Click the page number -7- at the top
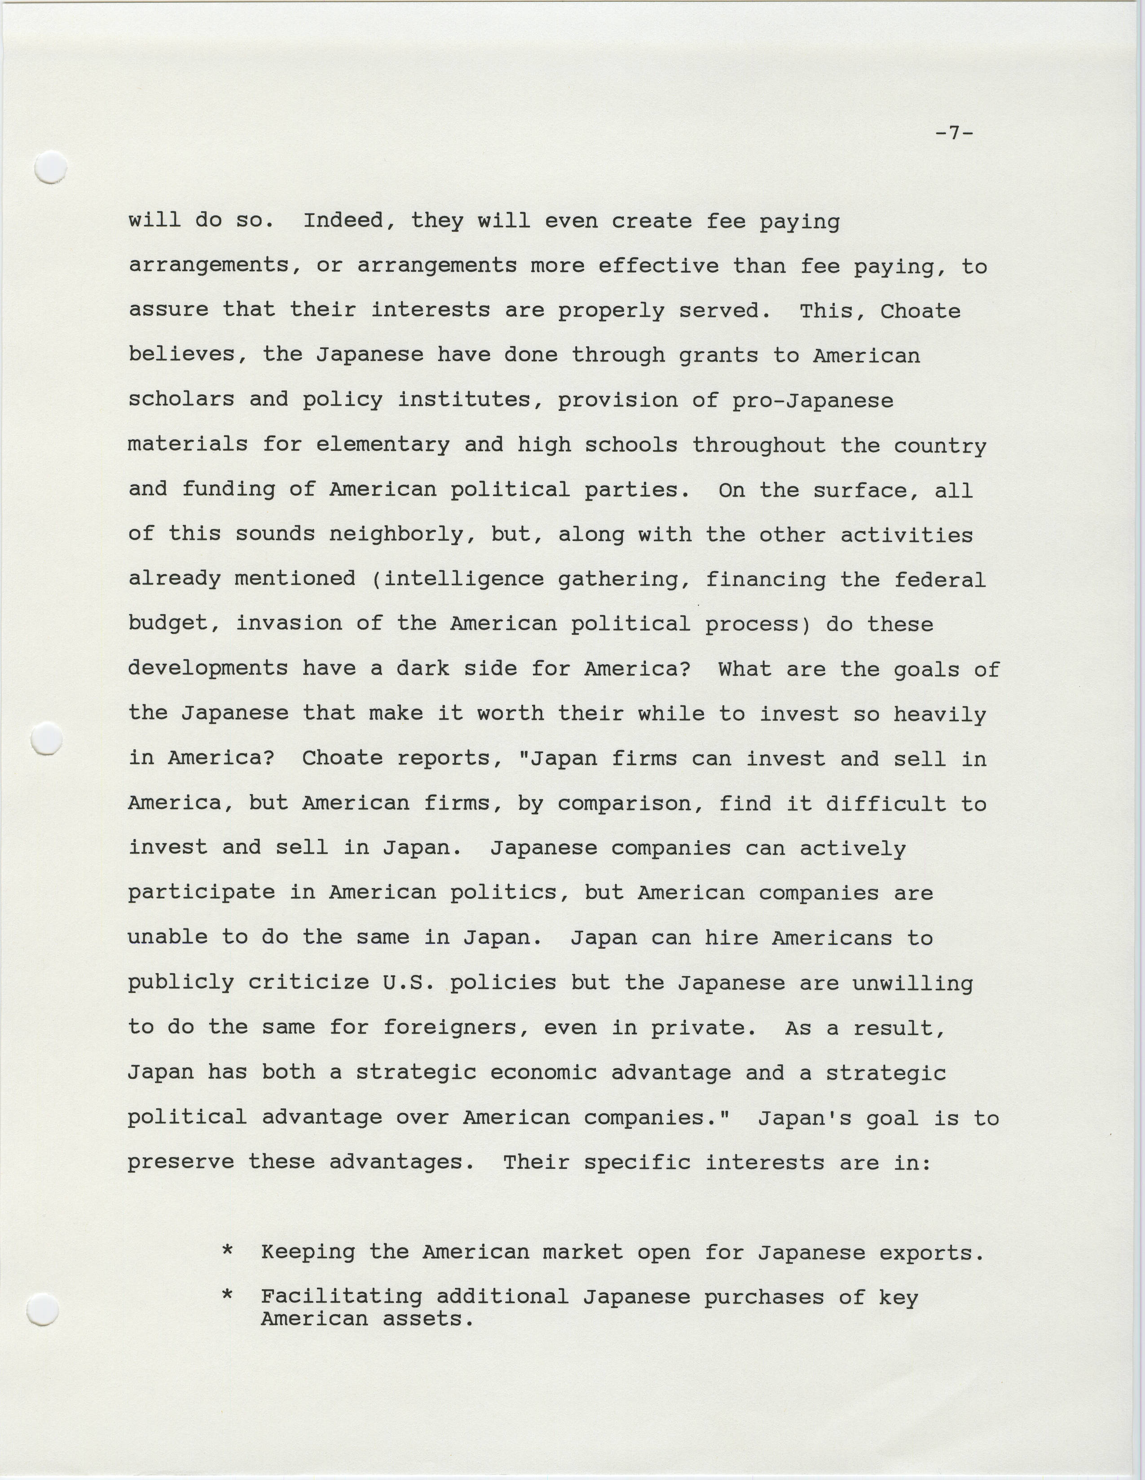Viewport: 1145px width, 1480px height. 954,133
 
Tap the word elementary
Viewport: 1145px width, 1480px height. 383,445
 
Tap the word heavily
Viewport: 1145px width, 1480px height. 940,715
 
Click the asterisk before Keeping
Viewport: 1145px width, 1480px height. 228,1251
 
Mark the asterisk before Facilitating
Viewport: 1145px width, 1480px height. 228,1295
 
